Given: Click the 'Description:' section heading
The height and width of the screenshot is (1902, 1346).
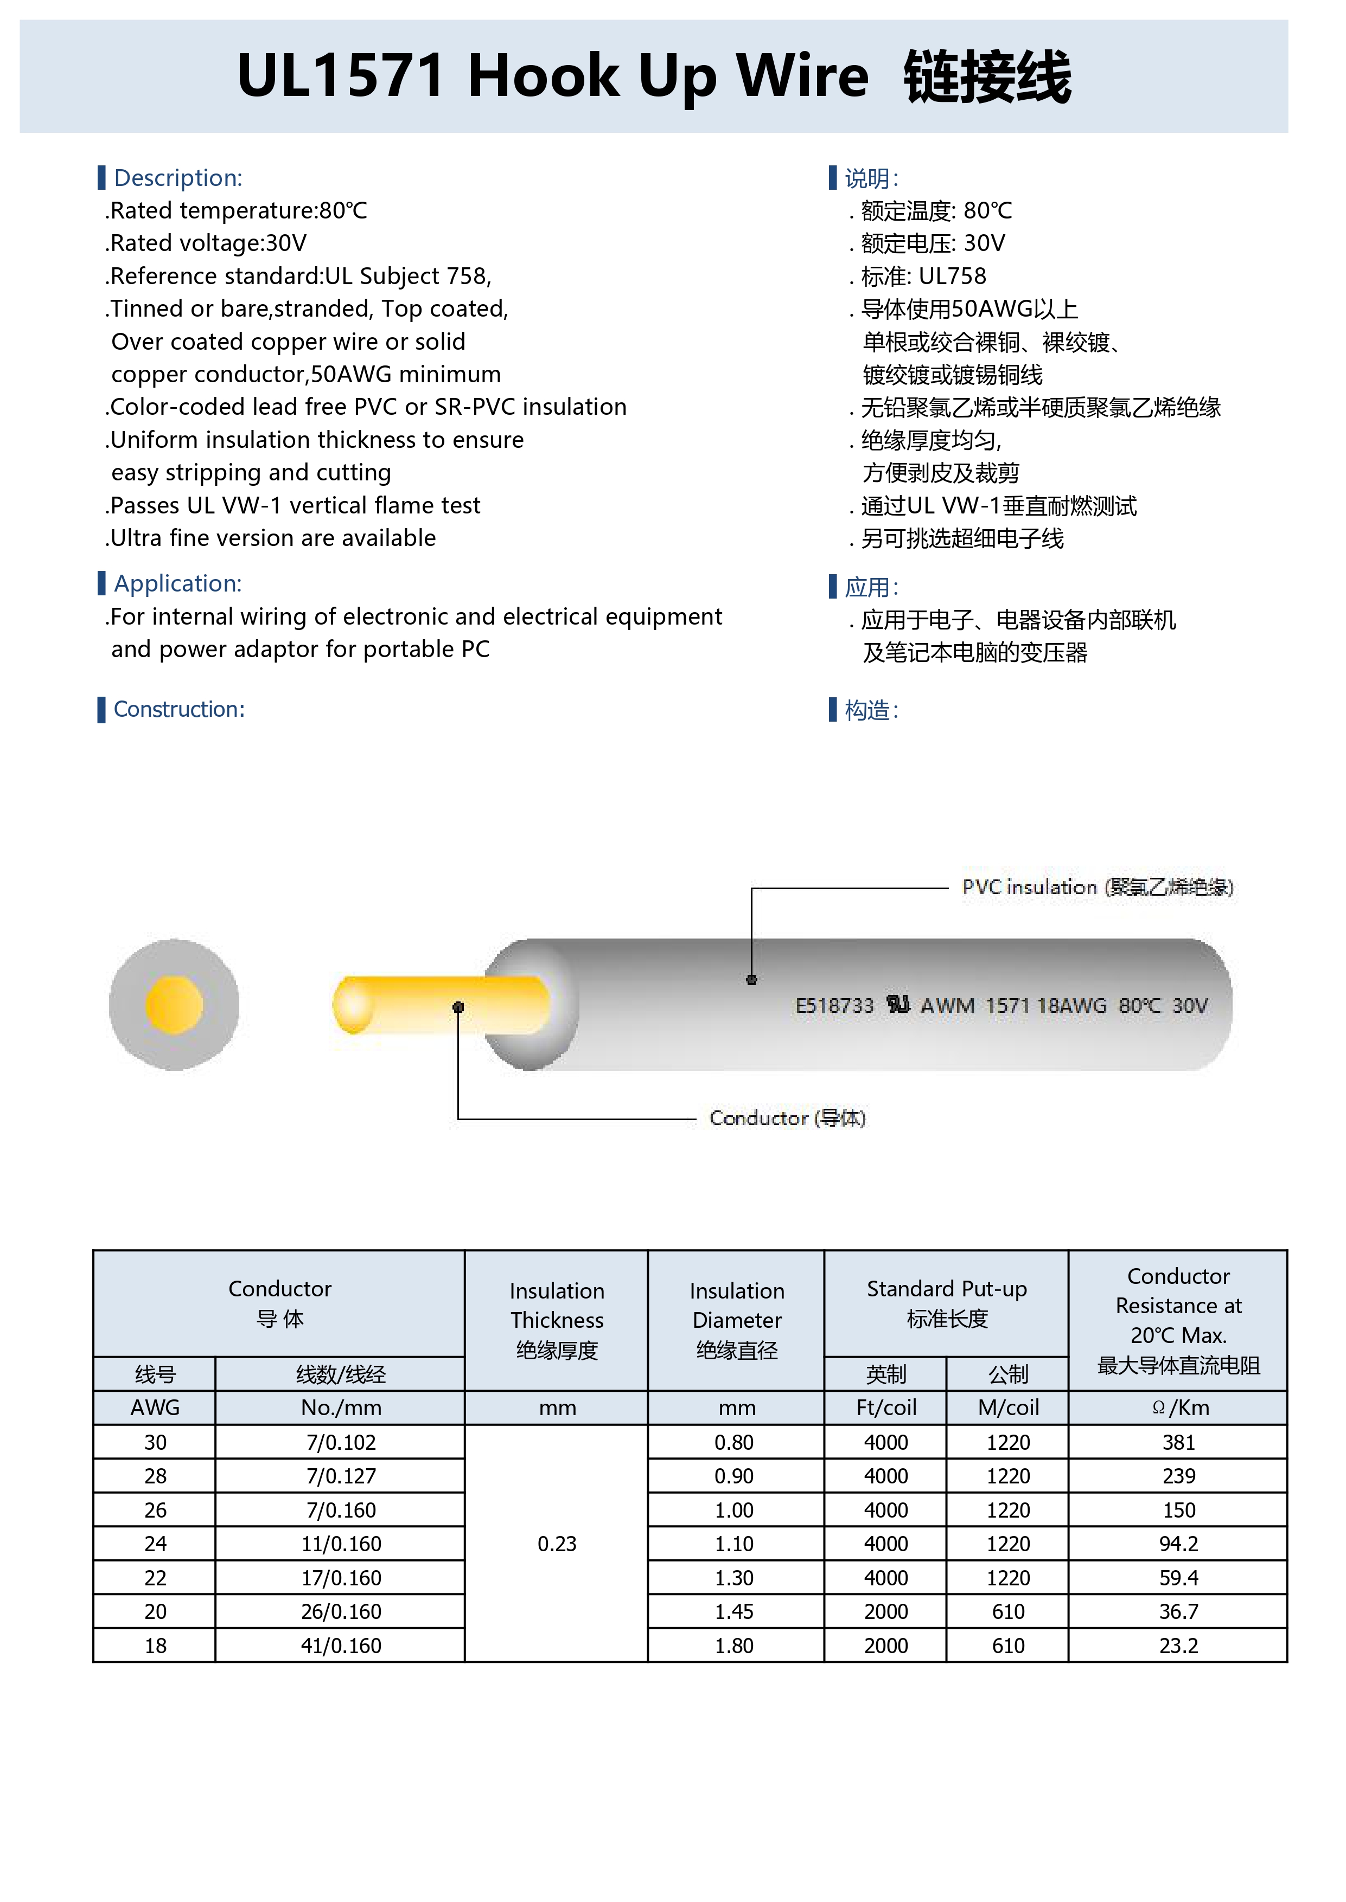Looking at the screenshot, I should [177, 178].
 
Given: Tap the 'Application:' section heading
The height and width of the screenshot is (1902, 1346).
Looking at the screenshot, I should [177, 583].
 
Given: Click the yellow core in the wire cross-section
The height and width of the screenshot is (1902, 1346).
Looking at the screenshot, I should [174, 1005].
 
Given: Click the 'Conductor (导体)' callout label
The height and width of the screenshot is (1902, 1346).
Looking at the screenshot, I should [787, 1119].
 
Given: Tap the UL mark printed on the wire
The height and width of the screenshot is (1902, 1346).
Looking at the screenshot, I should [898, 1005].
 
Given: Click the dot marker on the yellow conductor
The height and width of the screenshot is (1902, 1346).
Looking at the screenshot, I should [458, 1007].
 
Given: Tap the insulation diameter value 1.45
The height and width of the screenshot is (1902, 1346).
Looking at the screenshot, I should [735, 1611].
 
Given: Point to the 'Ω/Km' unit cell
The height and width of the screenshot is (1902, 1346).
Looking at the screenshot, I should [1178, 1408].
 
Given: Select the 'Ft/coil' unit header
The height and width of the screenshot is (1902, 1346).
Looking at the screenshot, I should [885, 1408].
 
